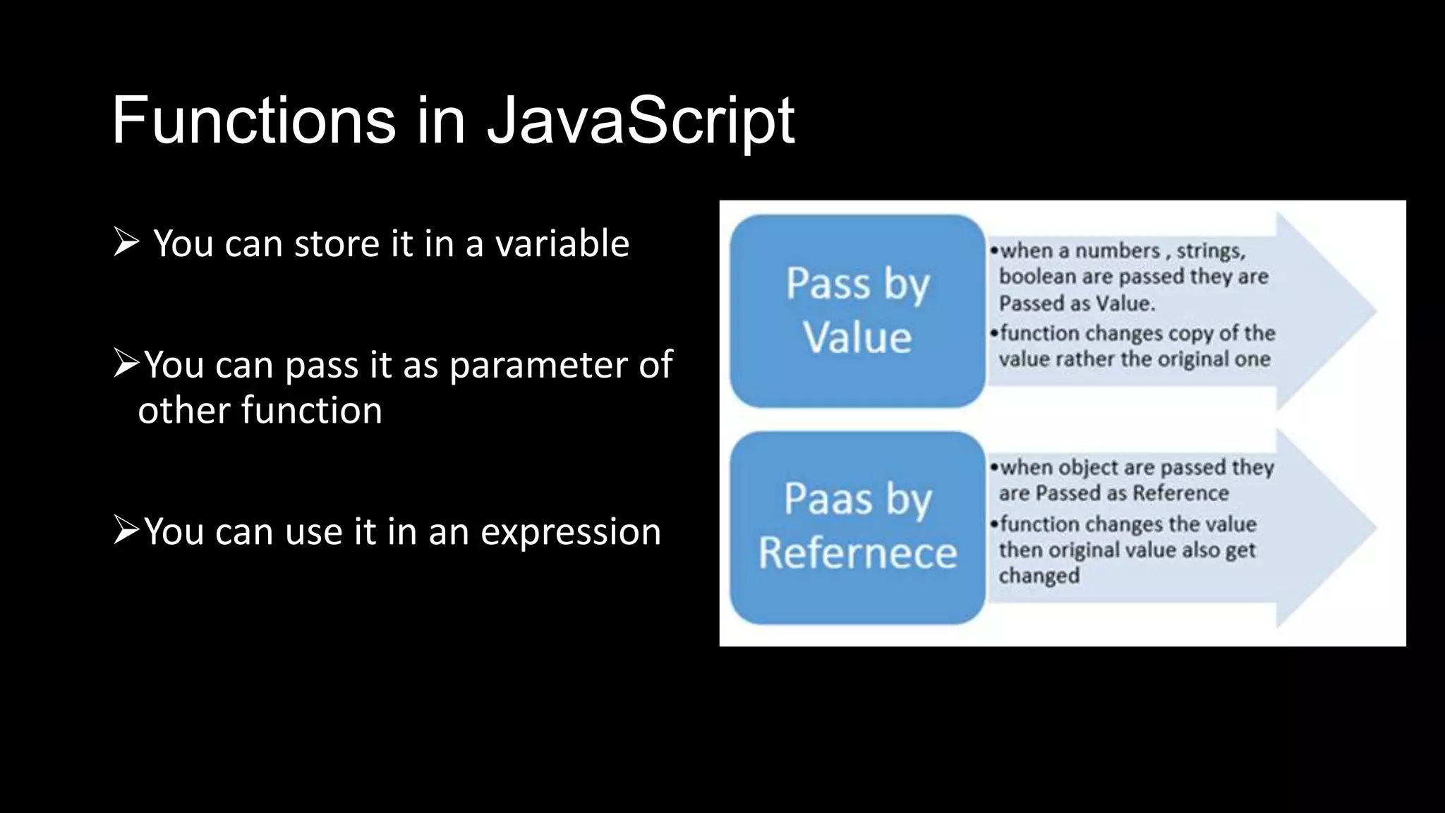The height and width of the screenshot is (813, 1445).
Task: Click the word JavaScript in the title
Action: (641, 121)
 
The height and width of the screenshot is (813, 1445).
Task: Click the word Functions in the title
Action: (253, 121)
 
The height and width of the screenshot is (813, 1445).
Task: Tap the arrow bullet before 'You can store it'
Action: (126, 242)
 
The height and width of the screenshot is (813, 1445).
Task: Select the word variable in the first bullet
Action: (562, 243)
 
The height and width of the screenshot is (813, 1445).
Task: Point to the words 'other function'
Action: (260, 410)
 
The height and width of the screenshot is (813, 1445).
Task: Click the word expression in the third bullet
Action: (571, 531)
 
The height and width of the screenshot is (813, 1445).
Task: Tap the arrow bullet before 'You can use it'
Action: (127, 530)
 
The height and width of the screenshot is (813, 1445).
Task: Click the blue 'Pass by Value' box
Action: (857, 311)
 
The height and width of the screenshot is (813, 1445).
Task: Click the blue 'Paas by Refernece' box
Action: (857, 527)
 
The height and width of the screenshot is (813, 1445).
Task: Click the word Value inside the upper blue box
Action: (857, 337)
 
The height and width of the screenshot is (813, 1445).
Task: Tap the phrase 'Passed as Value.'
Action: (1077, 303)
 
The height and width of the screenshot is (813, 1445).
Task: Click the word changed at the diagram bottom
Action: (1039, 576)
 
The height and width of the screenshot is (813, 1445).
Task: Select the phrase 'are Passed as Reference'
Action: (1113, 493)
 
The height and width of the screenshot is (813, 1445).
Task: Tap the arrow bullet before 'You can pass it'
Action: (127, 364)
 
